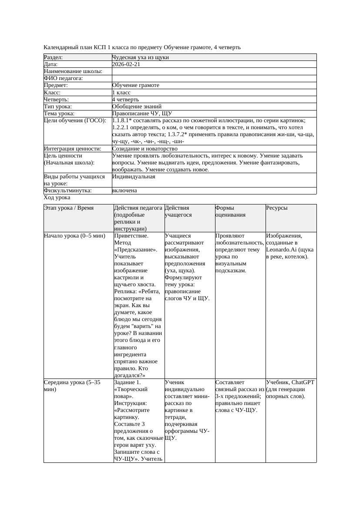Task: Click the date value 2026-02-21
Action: click(x=126, y=64)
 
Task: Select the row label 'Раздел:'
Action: click(x=54, y=57)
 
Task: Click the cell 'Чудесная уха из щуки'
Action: click(x=140, y=57)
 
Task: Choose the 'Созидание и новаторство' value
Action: click(x=145, y=149)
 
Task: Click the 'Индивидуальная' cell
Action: click(x=134, y=177)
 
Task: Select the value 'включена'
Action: click(x=124, y=191)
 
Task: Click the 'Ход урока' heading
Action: click(x=57, y=198)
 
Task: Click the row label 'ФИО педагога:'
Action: click(x=64, y=78)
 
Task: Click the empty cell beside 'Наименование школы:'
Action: click(x=213, y=71)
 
